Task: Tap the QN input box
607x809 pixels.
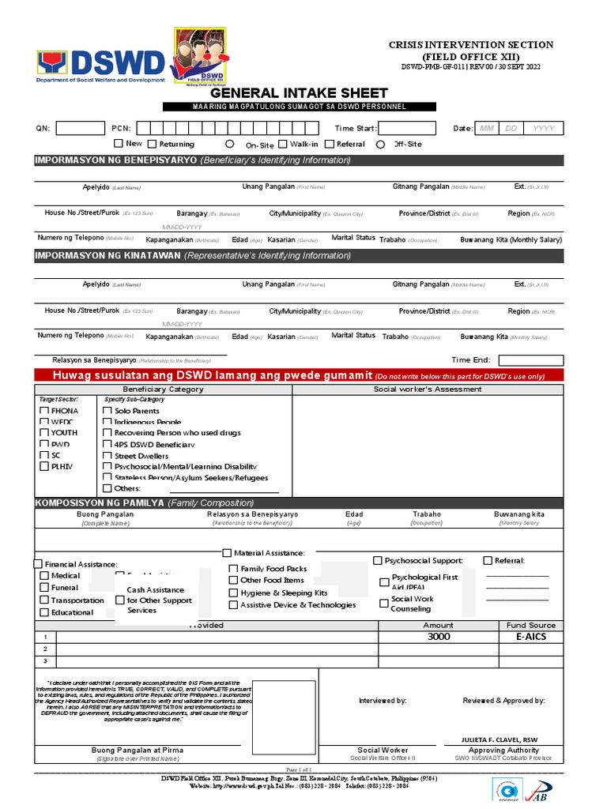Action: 81,128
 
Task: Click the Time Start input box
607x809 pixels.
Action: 407,128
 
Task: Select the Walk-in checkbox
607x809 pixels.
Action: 282,144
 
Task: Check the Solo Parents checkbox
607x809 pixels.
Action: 107,411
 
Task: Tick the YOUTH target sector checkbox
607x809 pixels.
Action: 44,433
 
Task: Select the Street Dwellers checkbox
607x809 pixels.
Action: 107,456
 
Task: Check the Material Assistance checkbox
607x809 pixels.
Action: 228,553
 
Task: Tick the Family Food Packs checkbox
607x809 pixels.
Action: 234,569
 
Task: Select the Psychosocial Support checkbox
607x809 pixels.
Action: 378,560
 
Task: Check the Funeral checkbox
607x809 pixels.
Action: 44,588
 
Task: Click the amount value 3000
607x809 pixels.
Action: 439,637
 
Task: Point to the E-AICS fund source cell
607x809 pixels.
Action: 530,637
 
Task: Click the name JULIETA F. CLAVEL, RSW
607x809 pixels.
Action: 503,739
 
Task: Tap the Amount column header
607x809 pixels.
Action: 439,625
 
